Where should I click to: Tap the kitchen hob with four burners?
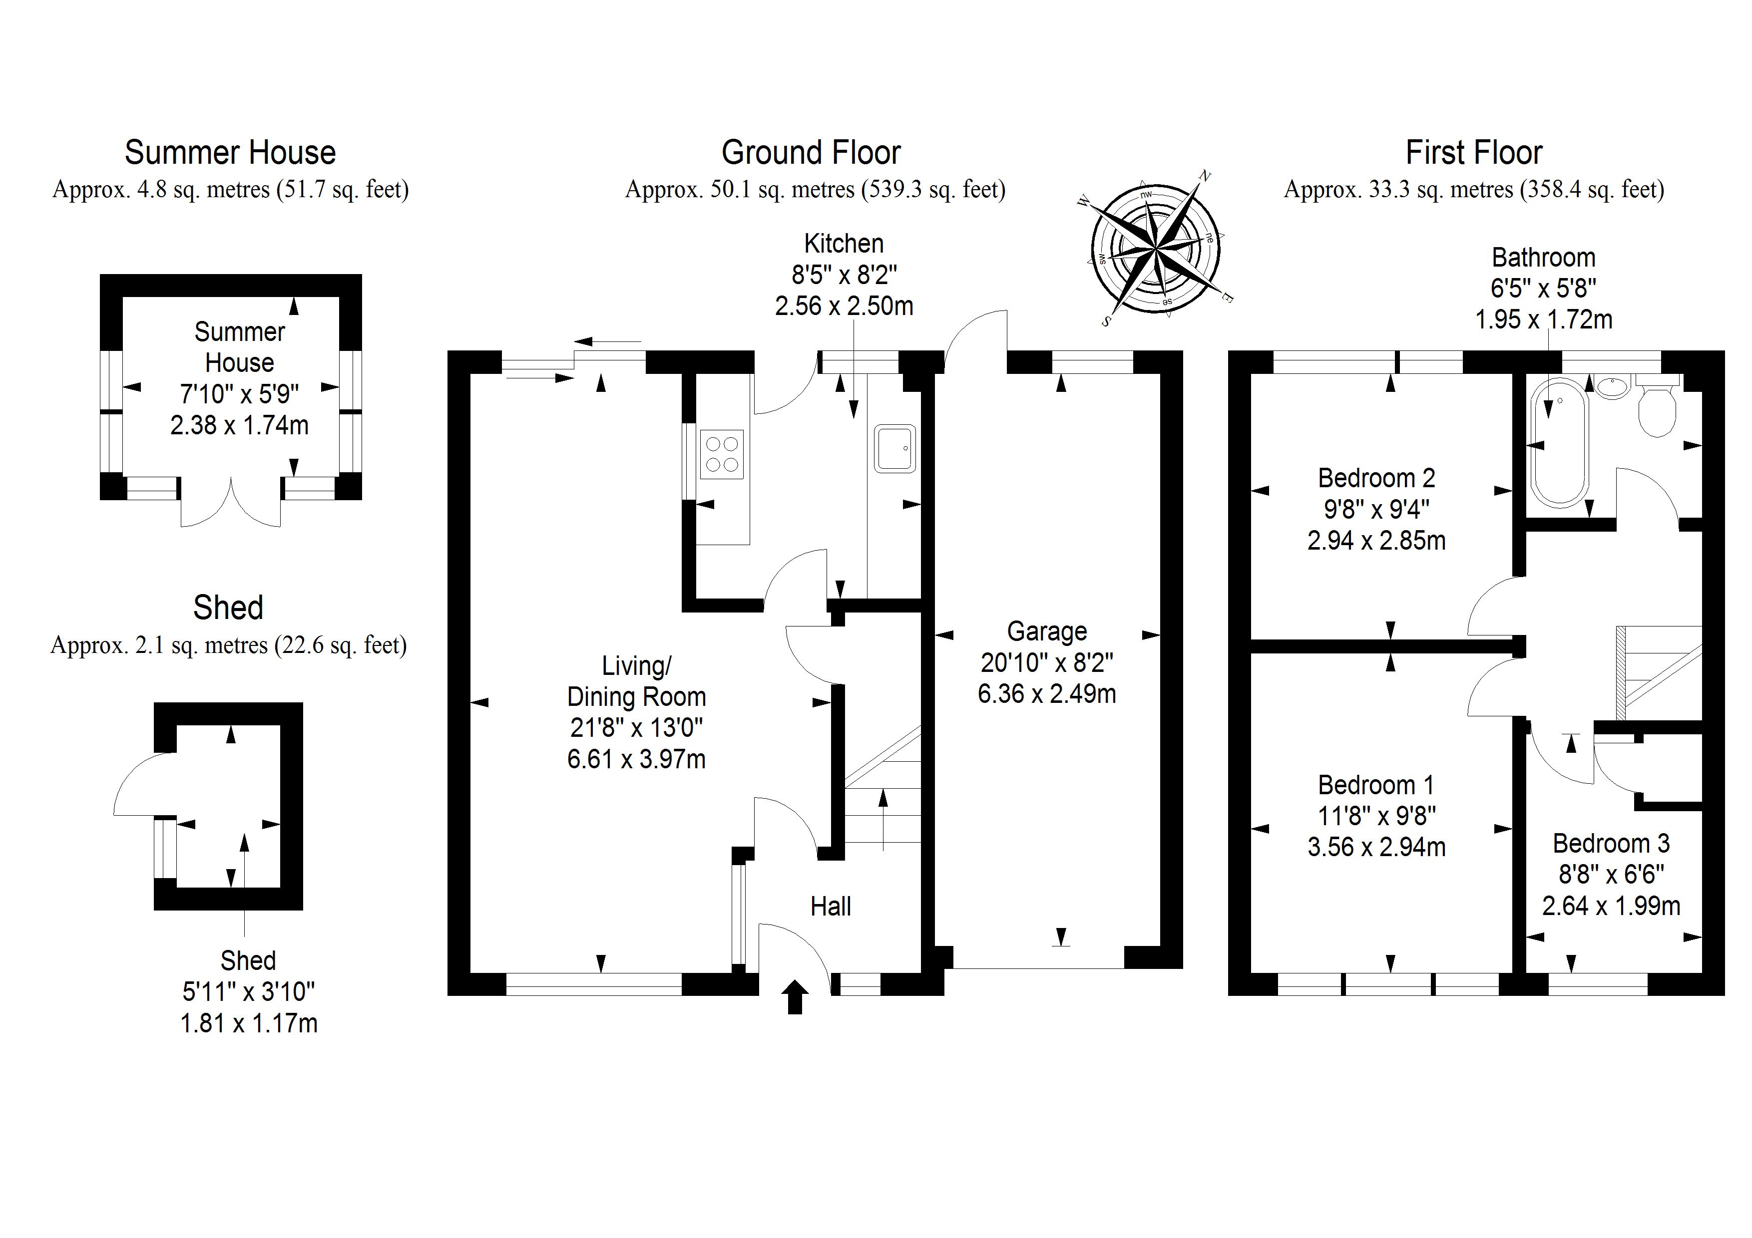(x=721, y=455)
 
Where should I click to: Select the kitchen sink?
(x=894, y=448)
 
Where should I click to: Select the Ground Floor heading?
(x=811, y=153)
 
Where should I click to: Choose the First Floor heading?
(x=1473, y=153)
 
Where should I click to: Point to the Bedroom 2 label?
(x=1376, y=478)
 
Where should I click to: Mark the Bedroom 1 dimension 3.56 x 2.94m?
(x=1376, y=847)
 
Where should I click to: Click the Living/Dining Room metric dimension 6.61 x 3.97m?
(x=636, y=759)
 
